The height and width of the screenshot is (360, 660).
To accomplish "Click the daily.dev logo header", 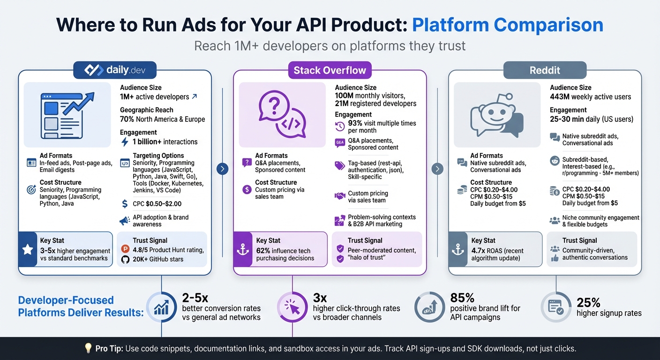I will (115, 70).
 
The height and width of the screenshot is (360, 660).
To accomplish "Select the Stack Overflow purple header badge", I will (330, 70).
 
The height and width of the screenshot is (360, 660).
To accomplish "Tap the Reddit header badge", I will (545, 70).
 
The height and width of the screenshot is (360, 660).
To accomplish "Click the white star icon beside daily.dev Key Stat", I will (28, 249).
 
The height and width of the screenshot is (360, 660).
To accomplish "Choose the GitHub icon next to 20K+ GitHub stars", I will (125, 259).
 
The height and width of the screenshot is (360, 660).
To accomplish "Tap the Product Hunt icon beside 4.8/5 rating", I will (125, 249).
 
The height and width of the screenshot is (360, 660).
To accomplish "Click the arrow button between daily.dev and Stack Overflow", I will (223, 169).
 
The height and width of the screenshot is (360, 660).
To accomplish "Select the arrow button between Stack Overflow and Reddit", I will (437, 169).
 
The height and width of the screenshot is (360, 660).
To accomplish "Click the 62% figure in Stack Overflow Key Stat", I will (263, 251).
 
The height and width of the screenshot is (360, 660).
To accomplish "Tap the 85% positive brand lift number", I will (462, 298).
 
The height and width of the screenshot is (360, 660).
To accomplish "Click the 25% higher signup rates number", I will (589, 302).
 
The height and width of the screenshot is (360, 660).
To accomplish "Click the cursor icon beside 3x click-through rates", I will (293, 307).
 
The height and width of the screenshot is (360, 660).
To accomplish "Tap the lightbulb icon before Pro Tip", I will (88, 348).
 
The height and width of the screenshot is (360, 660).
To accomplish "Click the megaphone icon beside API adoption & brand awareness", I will (125, 220).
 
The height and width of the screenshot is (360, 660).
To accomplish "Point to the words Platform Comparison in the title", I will (507, 24).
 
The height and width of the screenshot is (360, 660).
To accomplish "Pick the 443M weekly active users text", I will (591, 97).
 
